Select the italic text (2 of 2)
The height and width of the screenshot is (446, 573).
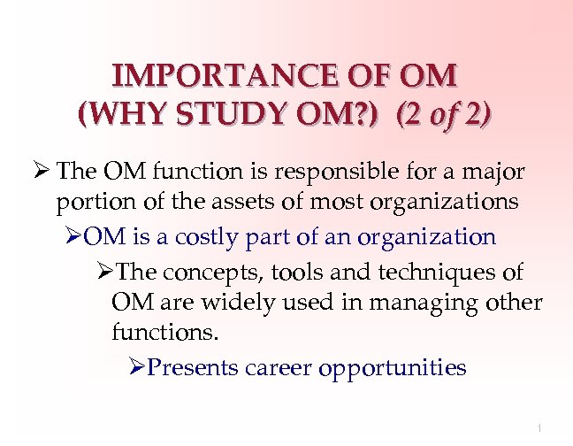[x=444, y=116]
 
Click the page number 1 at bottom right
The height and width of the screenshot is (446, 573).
[x=539, y=428]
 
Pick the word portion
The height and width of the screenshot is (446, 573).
[x=91, y=203]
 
